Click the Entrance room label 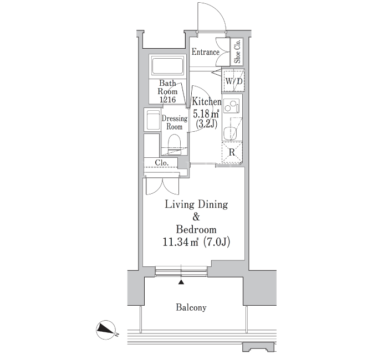206,52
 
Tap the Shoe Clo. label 238,52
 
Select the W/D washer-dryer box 233,81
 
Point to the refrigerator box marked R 232,152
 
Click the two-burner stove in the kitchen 232,106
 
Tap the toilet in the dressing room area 175,145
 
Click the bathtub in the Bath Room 167,65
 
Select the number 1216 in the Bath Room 167,100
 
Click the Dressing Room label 175,122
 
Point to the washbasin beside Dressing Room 152,120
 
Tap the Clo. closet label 162,163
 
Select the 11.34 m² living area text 181,241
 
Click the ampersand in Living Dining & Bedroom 196,217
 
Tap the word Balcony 191,307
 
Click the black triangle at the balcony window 181,282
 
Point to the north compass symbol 106,330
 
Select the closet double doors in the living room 162,186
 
